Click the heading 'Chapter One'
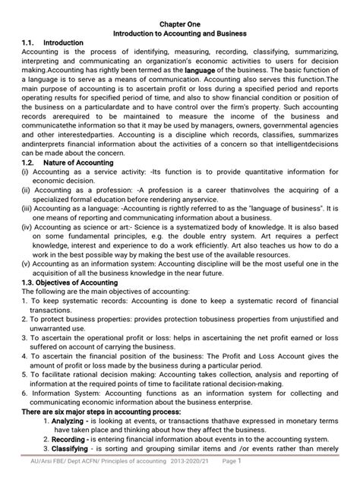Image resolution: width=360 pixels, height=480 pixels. [x=179, y=24]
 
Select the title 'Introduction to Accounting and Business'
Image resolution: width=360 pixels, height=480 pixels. [x=179, y=34]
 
